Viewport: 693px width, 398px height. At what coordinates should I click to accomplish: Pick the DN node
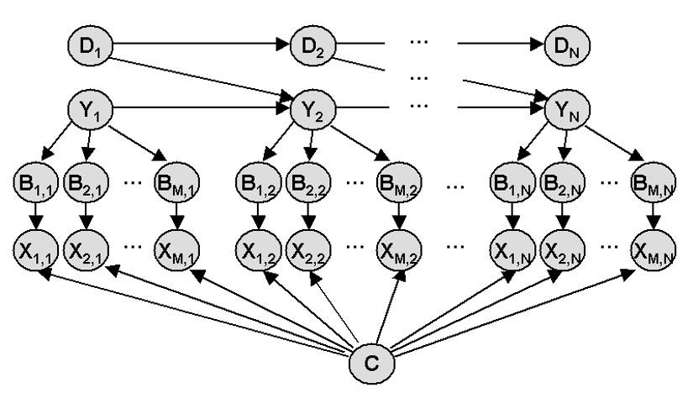[563, 42]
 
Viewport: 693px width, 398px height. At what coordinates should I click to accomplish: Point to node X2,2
[309, 249]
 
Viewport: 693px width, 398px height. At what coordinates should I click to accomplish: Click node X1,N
[512, 249]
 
